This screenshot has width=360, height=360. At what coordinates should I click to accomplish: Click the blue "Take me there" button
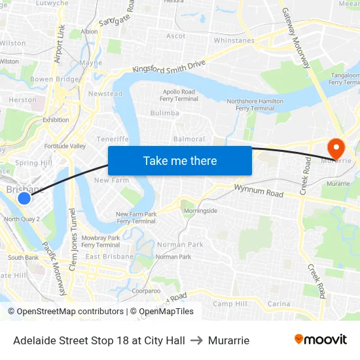pos(180,160)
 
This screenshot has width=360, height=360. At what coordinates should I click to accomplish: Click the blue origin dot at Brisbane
pos(24,198)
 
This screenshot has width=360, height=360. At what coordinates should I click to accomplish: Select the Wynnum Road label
pos(259,191)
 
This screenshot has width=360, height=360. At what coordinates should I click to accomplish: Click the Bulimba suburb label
pos(164,113)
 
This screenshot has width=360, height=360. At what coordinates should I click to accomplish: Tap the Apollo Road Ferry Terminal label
pos(178,96)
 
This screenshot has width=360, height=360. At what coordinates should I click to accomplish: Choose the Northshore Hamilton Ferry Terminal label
pos(255,105)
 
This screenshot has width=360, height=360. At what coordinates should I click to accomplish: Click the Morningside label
pos(200,211)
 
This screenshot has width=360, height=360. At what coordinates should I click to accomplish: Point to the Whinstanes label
pos(234,41)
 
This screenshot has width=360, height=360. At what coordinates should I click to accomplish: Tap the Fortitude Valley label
pos(65,145)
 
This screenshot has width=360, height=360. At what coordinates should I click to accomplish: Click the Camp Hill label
pos(230,304)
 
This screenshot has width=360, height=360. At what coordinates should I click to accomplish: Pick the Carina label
pos(279,304)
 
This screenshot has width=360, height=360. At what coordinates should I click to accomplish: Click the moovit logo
pos(321,340)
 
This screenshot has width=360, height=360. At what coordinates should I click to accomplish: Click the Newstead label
pos(105,94)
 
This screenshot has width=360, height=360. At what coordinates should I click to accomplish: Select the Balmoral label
pos(189,139)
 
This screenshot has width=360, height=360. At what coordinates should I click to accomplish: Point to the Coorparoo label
pos(145,290)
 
